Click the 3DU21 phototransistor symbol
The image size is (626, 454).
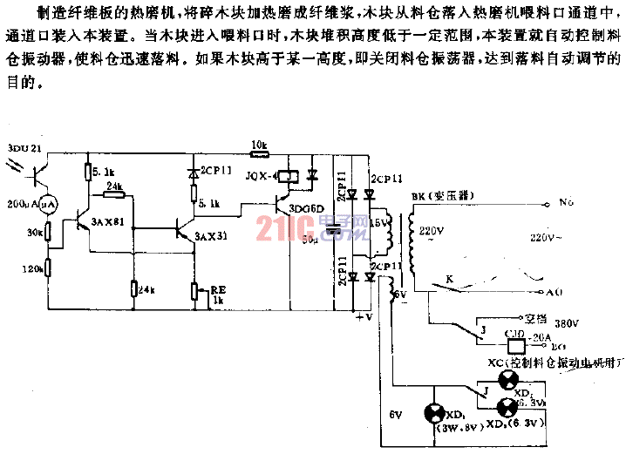click(37, 172)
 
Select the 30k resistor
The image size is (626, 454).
click(49, 233)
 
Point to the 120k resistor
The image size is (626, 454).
click(49, 269)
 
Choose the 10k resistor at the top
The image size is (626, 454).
click(258, 154)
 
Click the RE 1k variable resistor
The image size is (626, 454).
click(193, 289)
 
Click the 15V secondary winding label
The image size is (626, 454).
click(379, 223)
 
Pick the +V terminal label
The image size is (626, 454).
click(364, 317)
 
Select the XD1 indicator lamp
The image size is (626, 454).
click(432, 412)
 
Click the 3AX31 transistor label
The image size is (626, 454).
click(211, 236)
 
